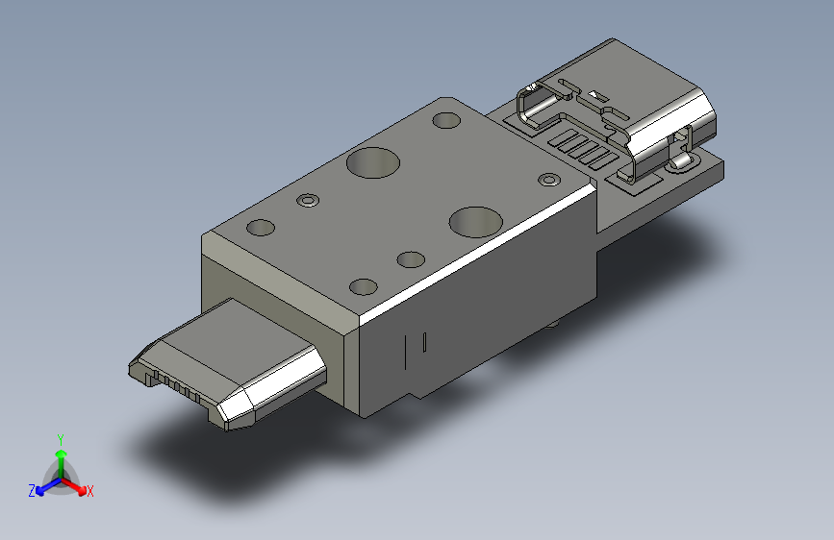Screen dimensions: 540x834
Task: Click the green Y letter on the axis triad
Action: (60, 438)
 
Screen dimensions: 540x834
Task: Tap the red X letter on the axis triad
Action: (90, 491)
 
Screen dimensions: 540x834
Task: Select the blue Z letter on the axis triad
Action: (32, 491)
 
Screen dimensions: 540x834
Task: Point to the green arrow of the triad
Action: (61, 455)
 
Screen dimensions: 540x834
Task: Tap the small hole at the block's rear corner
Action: (446, 121)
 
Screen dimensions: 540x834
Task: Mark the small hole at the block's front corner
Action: (364, 287)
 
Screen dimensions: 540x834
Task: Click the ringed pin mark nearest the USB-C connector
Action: (548, 180)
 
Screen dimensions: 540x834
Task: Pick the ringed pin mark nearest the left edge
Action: (307, 201)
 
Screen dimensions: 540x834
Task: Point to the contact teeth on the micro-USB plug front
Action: (178, 385)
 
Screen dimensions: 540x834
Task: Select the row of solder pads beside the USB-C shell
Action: (582, 149)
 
